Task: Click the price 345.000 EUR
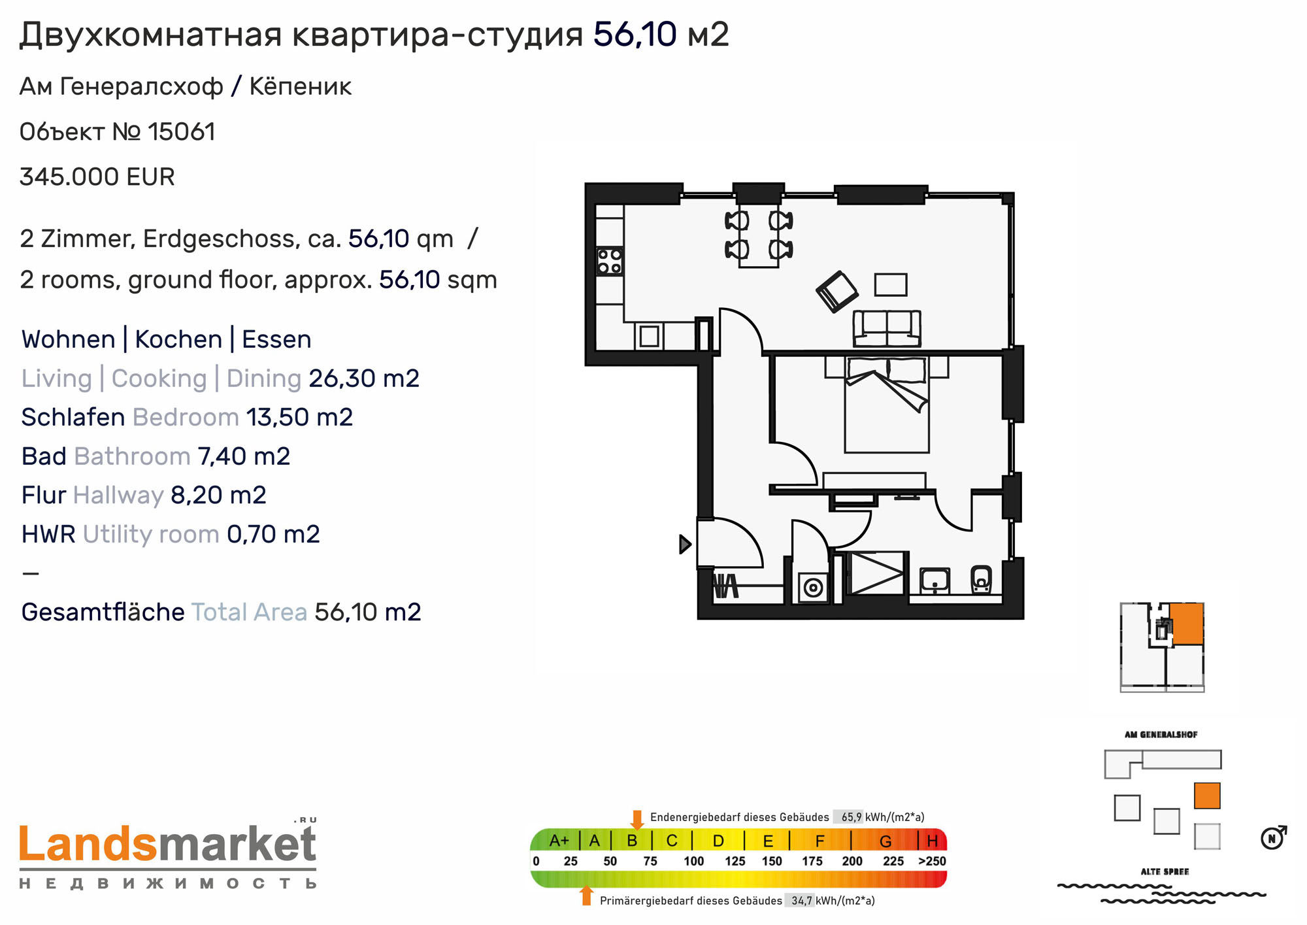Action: (x=97, y=177)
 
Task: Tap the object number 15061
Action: (x=182, y=132)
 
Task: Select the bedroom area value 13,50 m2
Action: (x=299, y=417)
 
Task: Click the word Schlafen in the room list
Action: (x=73, y=417)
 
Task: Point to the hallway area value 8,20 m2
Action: (x=218, y=496)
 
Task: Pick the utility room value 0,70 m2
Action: (x=273, y=534)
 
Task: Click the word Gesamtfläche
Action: (x=103, y=612)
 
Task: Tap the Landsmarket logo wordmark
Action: (x=168, y=845)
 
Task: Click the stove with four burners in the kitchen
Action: (x=610, y=261)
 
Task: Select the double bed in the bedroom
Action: (x=887, y=404)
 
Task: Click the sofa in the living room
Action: (x=887, y=328)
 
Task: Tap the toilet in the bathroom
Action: (x=981, y=579)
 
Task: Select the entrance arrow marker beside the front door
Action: (x=685, y=544)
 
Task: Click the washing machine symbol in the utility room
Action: (x=813, y=588)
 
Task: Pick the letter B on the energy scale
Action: (x=632, y=841)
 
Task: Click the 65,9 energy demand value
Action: (x=851, y=817)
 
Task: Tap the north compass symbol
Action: (x=1273, y=837)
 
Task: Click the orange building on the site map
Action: (x=1207, y=796)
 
